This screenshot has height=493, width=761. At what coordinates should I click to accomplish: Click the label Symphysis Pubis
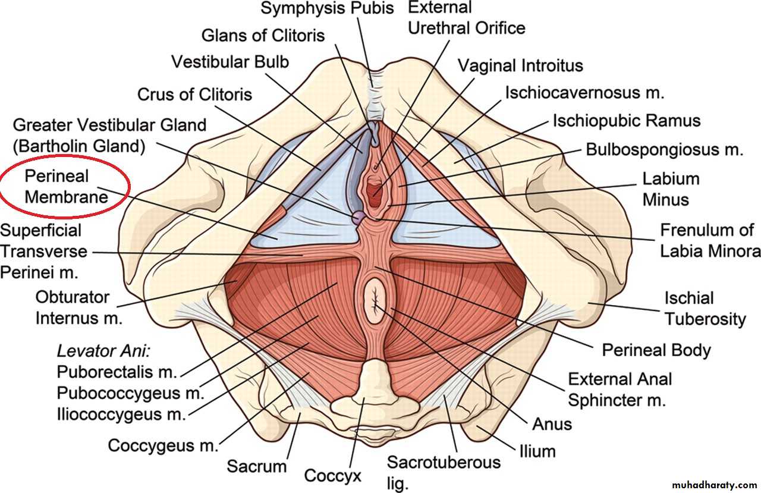328,8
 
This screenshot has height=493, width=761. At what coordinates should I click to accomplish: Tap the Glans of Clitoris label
263,35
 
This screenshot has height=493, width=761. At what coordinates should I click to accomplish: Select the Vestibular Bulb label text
230,61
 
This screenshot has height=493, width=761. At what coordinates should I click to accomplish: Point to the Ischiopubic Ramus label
627,121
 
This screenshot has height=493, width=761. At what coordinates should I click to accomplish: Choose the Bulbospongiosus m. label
664,149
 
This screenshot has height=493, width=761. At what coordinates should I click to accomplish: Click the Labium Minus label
671,189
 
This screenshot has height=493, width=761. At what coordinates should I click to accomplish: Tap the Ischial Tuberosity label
705,308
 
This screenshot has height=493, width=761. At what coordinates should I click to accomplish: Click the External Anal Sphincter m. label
620,390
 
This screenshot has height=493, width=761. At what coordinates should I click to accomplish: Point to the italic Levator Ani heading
104,351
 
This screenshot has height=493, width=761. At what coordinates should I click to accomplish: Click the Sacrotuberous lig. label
444,472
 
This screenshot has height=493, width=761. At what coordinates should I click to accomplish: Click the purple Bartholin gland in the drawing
357,218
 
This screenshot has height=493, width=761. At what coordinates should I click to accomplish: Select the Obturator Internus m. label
79,307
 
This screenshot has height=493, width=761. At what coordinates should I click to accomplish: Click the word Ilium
537,451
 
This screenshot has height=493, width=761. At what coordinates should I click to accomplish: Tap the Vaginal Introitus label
520,65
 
